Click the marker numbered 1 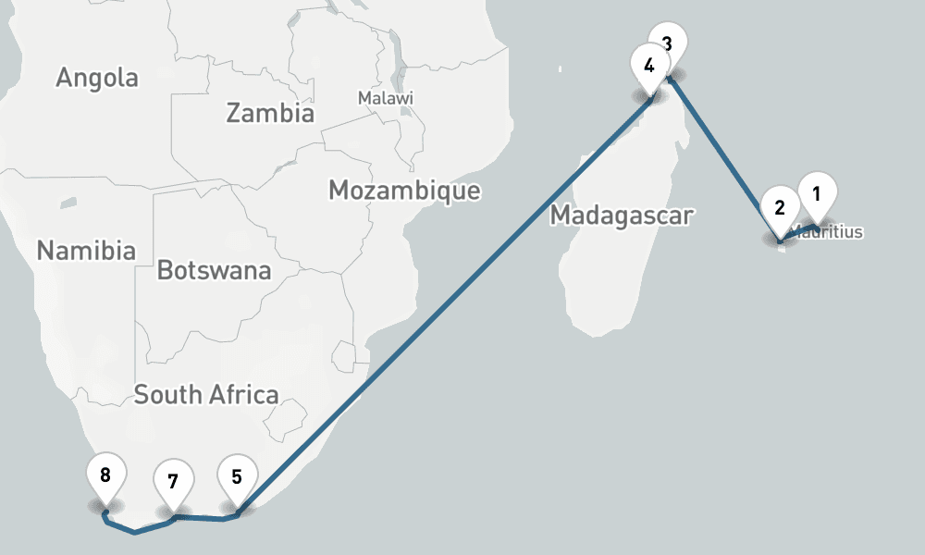tap(817, 195)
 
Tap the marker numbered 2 tap(780, 208)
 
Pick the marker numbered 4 tap(649, 67)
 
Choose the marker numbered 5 tap(237, 478)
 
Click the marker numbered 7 tap(173, 483)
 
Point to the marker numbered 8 tap(105, 476)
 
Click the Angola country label tap(97, 78)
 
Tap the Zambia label tap(270, 114)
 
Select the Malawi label tap(386, 98)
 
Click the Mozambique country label tap(404, 191)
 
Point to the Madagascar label tap(622, 216)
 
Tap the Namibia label tap(86, 250)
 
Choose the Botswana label tap(214, 271)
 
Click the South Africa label tap(206, 395)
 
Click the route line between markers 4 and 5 tap(444, 305)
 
